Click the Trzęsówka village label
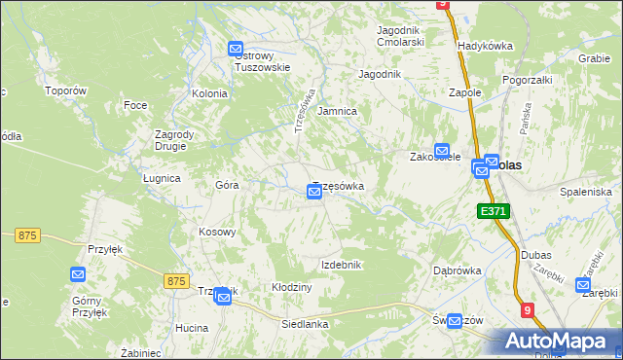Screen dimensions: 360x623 point(338,186)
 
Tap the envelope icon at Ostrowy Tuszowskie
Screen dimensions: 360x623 point(236,50)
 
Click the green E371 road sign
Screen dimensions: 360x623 point(493,210)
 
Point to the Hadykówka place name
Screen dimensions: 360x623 point(485,46)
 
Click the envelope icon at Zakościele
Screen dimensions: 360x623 point(442,152)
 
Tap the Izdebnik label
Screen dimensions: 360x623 point(342,265)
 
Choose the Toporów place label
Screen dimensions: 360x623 point(66,90)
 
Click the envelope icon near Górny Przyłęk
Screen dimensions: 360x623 point(79,275)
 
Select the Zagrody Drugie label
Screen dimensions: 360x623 point(176,141)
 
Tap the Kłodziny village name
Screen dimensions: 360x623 point(291,288)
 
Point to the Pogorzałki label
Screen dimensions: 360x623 point(528,80)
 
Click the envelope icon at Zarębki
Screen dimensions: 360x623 point(583,285)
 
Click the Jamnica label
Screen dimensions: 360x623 point(338,112)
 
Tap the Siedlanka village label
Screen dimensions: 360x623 point(305,324)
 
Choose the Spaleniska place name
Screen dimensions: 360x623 point(585,193)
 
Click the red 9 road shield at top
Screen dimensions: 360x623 point(443,4)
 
